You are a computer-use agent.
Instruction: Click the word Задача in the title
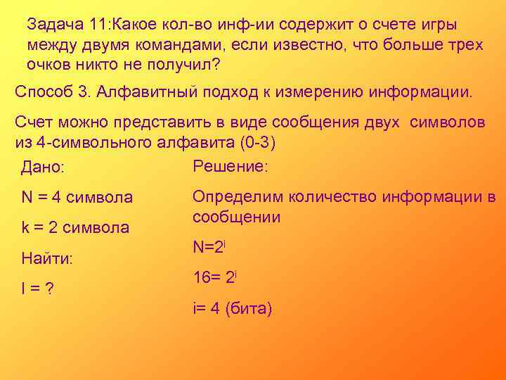pos(56,24)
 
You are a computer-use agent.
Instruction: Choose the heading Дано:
pos(43,168)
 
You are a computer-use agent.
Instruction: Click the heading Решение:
pos(230,166)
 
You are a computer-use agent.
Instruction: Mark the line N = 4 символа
pos(77,198)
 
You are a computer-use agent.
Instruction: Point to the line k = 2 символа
pos(75,228)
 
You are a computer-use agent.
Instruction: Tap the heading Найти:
pos(48,259)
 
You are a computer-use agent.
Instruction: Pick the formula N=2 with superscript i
pos(208,247)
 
